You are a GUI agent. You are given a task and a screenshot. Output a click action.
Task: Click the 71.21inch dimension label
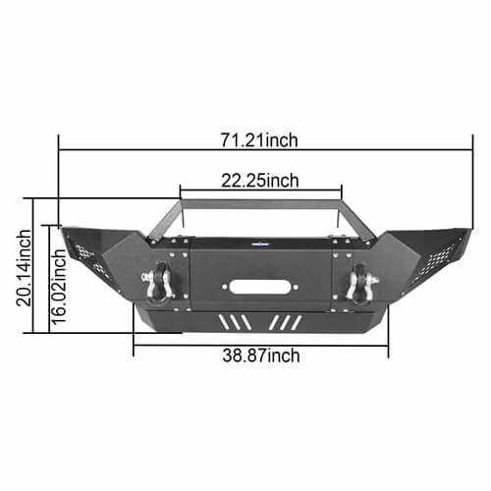click(x=258, y=140)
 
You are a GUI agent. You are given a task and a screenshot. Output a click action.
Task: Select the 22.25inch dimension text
click(x=259, y=180)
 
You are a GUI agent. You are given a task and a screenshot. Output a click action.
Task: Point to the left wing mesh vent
click(x=84, y=251)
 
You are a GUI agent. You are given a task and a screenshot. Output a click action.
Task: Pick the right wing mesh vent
click(x=437, y=253)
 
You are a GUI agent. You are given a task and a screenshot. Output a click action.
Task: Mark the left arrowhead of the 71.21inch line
click(x=63, y=150)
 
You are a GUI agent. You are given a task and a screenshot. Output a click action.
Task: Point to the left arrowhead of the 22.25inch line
click(x=182, y=189)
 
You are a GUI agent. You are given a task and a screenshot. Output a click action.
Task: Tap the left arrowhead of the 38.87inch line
click(x=136, y=345)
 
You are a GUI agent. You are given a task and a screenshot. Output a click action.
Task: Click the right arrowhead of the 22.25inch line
click(x=339, y=189)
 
